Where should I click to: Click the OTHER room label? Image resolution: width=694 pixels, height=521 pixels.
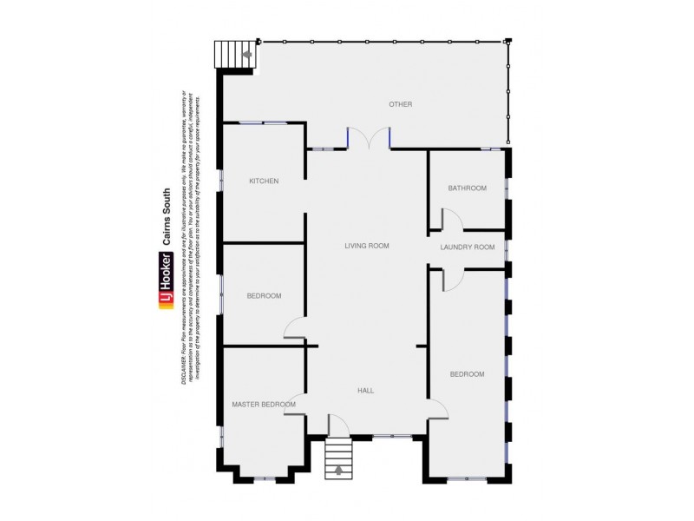[x=400, y=104]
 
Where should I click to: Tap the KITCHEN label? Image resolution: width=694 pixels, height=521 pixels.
[x=264, y=181]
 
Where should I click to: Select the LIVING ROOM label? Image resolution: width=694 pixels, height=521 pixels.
[x=366, y=246]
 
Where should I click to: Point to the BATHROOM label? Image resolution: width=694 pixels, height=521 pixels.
[x=467, y=188]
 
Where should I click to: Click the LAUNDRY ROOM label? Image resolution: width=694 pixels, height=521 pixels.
[x=467, y=247]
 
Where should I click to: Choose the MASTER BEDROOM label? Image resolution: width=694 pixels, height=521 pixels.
[x=263, y=405]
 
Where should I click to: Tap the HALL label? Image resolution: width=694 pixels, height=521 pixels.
[x=366, y=391]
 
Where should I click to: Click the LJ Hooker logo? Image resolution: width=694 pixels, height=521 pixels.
[x=165, y=280]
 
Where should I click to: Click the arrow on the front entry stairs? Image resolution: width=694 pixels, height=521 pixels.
[x=338, y=472]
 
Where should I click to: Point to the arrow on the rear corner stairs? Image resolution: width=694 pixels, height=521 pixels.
[x=247, y=55]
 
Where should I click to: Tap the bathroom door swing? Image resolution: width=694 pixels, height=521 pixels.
[x=452, y=219]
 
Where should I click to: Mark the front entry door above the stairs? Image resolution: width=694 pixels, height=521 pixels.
[x=338, y=425]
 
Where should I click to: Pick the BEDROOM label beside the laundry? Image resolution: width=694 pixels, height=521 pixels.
[x=467, y=374]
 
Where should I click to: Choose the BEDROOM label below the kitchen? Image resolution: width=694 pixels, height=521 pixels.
[x=264, y=296]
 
